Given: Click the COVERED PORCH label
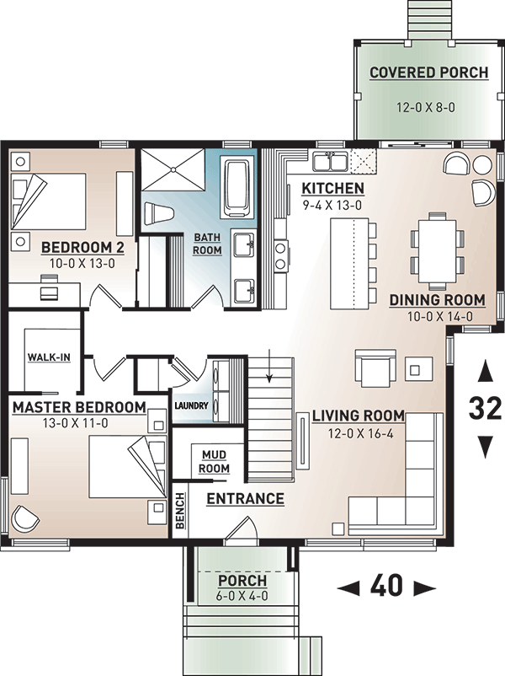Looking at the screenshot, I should coord(428,72).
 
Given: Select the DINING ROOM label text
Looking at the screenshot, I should coord(437,300).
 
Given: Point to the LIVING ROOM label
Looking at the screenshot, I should coord(359,416).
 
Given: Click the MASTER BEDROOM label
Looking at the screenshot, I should coord(79,407).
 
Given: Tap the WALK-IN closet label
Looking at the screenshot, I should coord(49,357).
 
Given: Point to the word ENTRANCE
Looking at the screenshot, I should coord(245,499).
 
